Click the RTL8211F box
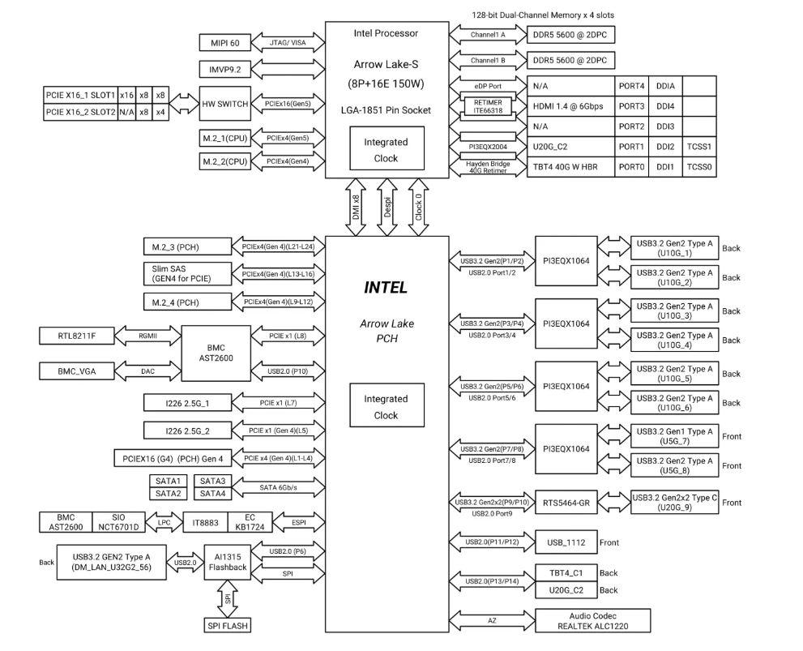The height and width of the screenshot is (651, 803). click(77, 335)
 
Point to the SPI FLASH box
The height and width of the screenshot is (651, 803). click(227, 625)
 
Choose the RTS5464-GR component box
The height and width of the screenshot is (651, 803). click(566, 503)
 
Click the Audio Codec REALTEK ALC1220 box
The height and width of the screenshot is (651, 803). click(593, 620)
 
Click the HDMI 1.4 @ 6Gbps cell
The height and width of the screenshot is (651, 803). click(572, 106)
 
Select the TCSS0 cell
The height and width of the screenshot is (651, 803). click(700, 167)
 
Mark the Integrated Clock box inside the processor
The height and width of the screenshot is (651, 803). click(386, 150)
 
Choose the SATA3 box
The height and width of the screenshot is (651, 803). click(211, 481)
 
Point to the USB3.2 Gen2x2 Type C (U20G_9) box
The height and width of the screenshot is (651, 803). click(674, 503)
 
